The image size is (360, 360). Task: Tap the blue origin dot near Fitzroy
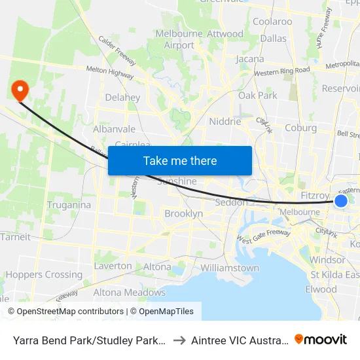341,201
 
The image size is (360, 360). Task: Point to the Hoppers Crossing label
44,275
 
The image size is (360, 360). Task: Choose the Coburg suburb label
300,128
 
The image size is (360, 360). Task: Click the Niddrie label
225,121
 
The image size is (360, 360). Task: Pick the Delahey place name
122,98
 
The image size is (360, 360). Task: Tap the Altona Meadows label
130,293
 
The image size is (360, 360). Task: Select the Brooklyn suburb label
183,213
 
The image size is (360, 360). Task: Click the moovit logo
320,340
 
